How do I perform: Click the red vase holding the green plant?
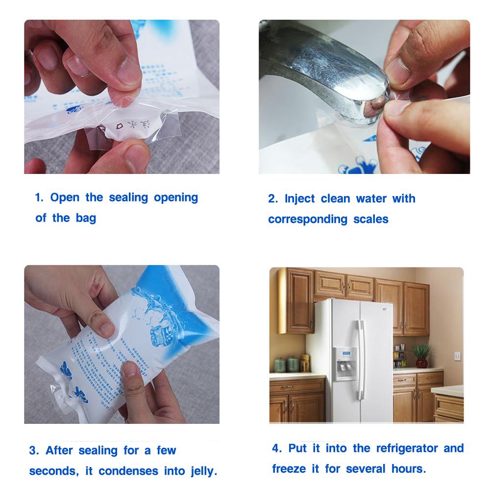click(421, 363)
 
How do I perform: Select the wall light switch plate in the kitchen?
click(457, 356)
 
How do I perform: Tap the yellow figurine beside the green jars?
click(305, 364)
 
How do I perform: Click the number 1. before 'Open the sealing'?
click(39, 198)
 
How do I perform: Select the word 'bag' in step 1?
click(86, 219)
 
